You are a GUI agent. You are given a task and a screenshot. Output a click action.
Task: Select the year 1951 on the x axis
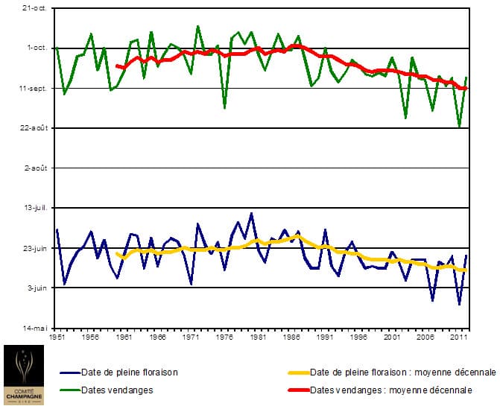tap(57, 337)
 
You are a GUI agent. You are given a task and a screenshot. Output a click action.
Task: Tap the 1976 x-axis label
tap(224, 337)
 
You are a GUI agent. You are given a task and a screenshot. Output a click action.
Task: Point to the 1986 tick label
tap(291, 337)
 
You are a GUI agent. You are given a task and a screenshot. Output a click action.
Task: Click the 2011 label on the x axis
tap(459, 337)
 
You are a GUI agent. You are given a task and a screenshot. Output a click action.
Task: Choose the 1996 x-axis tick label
tap(358, 337)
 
